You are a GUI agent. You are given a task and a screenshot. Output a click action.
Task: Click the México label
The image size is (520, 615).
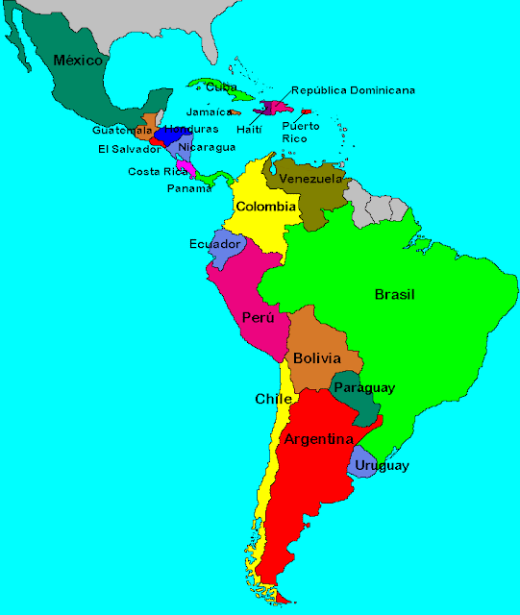pos(78,61)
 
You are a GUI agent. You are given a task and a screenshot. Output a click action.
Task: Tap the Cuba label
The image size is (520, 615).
pos(222,87)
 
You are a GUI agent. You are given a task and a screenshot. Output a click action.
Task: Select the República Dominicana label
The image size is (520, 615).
pos(353,90)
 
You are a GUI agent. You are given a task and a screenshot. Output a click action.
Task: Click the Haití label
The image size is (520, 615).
pos(250,130)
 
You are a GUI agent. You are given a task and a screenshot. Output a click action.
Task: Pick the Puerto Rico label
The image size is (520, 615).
pos(294,132)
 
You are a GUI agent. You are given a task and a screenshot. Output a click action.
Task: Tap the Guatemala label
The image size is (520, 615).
pos(122,130)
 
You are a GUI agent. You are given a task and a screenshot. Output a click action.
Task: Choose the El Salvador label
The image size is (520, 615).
pos(129,149)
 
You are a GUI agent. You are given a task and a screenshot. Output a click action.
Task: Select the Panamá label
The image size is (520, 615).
pos(189,188)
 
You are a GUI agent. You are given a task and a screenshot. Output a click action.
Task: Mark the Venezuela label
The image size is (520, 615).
pos(310,179)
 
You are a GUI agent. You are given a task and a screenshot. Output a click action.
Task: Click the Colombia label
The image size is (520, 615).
pos(265,207)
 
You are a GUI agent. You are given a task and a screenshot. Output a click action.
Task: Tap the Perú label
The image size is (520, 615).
pos(259,317)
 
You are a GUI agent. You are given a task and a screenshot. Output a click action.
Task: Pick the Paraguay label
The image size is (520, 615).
pos(364,388)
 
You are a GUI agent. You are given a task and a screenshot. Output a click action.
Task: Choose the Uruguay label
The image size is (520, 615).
pos(382,466)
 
